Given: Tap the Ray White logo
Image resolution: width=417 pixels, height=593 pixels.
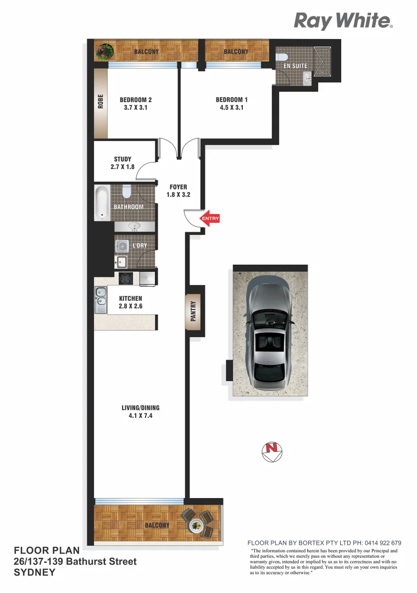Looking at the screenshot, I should pos(343,21).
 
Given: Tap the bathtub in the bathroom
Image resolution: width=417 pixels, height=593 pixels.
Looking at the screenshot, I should pos(103,203).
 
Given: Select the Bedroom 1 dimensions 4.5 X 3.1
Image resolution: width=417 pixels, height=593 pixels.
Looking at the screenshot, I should pos(231,108).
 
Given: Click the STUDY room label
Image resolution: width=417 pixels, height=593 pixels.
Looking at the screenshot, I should pos(123,159).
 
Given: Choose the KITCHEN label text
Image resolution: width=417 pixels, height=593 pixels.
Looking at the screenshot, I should pos(131,299).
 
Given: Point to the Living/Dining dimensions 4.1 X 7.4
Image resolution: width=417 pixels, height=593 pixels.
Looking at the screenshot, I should pos(140,416).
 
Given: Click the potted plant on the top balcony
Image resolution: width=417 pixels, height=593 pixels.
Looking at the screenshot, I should pos(103,52).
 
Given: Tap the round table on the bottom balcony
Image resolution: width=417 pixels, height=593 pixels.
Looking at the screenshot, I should pos(196,525).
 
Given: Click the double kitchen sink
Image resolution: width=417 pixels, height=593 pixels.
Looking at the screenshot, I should pos(101,300).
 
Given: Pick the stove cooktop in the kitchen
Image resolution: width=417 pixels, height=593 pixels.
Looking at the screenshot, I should pos(126,278).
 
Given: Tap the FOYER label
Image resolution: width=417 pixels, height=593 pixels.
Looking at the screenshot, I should pos(178,187).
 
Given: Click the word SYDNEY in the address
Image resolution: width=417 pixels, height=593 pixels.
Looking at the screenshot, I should pos(34,572).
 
